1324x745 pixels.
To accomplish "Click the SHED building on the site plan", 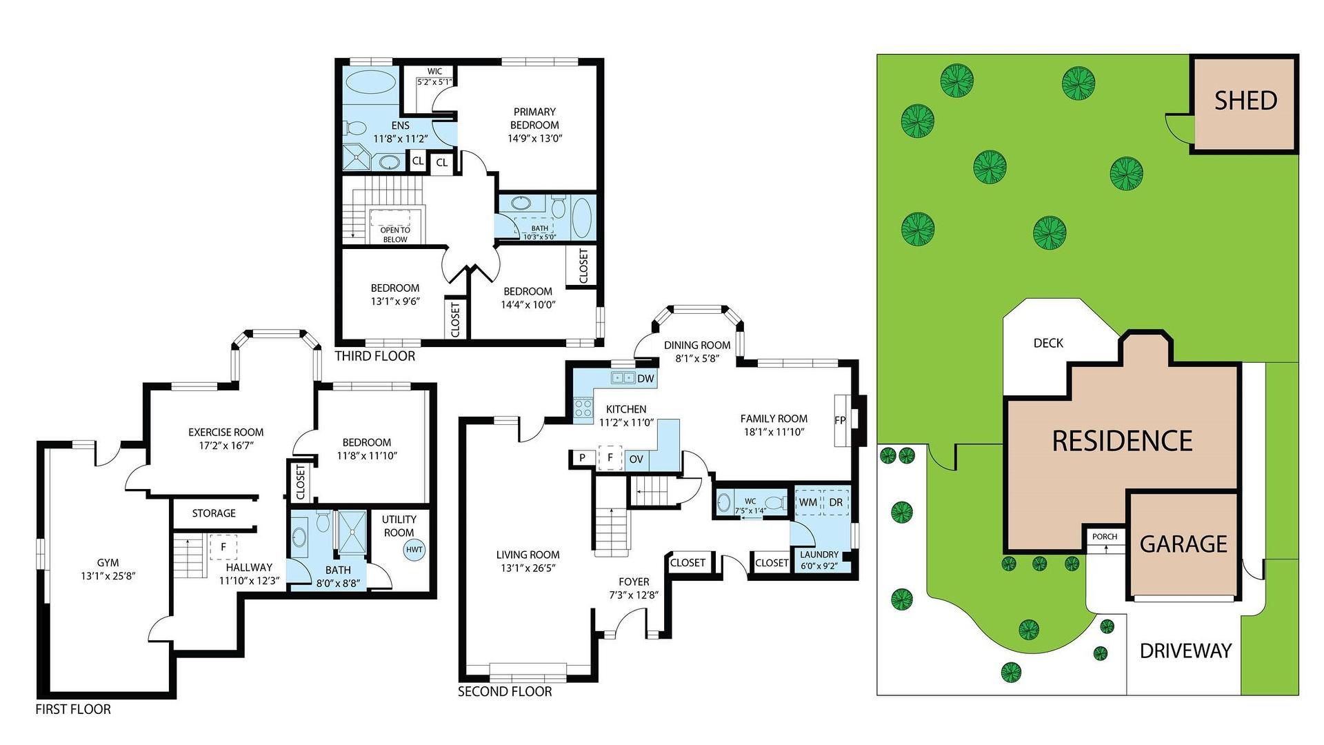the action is [1245, 103].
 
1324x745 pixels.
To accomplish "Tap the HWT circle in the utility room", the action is [414, 550].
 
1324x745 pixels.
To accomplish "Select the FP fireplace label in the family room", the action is [840, 420].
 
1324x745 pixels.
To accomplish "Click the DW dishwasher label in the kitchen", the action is [645, 379].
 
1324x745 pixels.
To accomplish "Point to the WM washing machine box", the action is [808, 502].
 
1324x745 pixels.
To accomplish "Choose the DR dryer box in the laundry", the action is [836, 502].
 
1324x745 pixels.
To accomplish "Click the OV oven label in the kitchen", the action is [636, 459].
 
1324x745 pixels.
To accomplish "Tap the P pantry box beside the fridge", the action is [583, 458].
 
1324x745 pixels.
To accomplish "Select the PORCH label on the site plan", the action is [1105, 537].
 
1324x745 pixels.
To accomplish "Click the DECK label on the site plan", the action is [1048, 343].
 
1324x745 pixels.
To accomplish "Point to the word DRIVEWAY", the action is [1185, 650].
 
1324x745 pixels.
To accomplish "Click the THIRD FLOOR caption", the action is [375, 356].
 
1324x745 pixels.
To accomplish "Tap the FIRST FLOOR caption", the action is [73, 709].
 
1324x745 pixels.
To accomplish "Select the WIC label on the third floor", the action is [434, 71].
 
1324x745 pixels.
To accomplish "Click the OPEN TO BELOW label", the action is [395, 235].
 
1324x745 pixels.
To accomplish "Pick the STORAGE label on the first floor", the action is [214, 513].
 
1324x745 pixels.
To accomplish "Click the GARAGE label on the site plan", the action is [1183, 544].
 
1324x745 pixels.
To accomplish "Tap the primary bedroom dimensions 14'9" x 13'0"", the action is [535, 138].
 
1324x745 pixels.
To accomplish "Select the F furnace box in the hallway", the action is [223, 547].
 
